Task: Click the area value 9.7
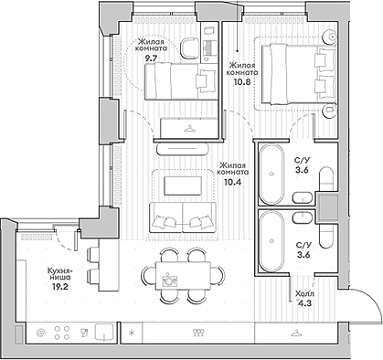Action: pyautogui.click(x=151, y=58)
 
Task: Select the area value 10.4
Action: pyautogui.click(x=232, y=182)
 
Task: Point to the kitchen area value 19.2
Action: pyautogui.click(x=59, y=286)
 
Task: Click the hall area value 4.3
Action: pyautogui.click(x=305, y=303)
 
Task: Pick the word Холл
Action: pyautogui.click(x=304, y=294)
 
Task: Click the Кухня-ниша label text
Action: pyautogui.click(x=59, y=274)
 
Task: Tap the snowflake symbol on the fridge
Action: pyautogui.click(x=132, y=333)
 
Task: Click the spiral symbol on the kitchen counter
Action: pyautogui.click(x=40, y=333)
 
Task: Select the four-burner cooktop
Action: pyautogui.click(x=62, y=333)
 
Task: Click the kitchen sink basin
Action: pyautogui.click(x=104, y=333)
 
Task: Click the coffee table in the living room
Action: pyautogui.click(x=183, y=185)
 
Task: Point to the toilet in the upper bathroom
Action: pyautogui.click(x=328, y=178)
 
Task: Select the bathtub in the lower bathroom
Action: pyautogui.click(x=271, y=241)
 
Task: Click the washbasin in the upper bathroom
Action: pyautogui.click(x=303, y=197)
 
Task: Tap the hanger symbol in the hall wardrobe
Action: pyautogui.click(x=295, y=334)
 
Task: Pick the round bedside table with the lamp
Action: pyautogui.click(x=330, y=37)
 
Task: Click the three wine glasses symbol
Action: pyautogui.click(x=198, y=333)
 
